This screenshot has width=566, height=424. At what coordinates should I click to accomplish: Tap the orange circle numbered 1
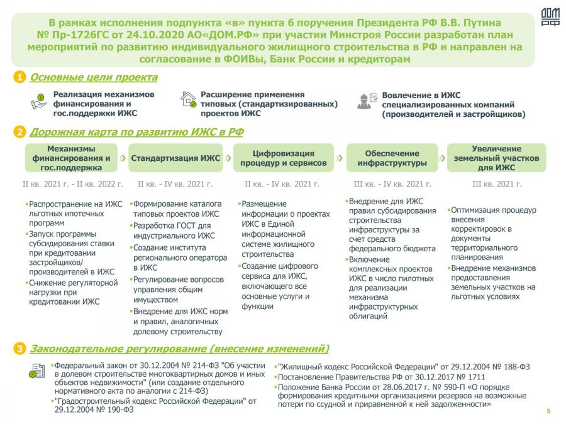20,78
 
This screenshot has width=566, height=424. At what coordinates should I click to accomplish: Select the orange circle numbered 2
20,133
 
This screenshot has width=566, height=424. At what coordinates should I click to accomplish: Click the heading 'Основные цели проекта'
94,77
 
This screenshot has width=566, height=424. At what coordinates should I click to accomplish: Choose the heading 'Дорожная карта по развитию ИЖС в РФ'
136,132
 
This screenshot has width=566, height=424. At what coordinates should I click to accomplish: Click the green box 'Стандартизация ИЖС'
175,158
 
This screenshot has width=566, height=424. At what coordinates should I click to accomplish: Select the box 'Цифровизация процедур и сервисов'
284,158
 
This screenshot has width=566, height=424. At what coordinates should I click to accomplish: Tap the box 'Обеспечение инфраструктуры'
392,158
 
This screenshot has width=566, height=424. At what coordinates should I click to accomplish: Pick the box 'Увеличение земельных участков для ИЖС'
497,158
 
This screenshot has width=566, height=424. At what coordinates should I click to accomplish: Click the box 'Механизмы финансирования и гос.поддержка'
70,158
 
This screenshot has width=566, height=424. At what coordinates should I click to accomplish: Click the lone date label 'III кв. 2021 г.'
497,185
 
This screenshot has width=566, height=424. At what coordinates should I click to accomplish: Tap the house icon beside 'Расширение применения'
188,99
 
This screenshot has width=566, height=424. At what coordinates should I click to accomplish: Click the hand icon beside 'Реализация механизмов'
39,101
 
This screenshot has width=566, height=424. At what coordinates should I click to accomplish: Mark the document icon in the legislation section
37,371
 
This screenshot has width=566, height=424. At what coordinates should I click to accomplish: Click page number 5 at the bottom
548,411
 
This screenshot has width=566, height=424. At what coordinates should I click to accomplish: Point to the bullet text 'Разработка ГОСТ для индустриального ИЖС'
175,231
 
